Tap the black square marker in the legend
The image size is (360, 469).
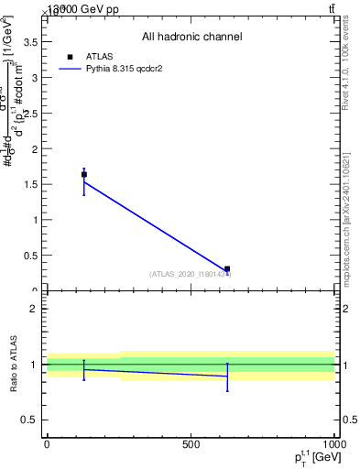point(71,55)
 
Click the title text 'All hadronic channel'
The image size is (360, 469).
point(191,38)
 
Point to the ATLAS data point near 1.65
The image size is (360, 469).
point(84,174)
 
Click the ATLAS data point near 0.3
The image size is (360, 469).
point(227,269)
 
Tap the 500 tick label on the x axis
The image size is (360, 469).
point(191,444)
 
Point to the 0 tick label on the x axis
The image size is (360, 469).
point(47,444)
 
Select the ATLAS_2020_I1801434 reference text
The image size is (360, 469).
point(190,274)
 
